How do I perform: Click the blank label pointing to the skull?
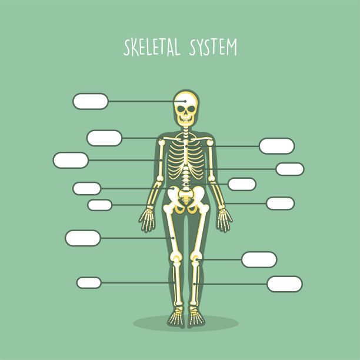coord(91,101)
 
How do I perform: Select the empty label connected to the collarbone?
coord(104,138)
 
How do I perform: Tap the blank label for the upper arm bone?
coord(71,160)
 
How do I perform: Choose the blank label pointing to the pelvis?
coord(87,188)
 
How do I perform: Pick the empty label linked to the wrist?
coord(99,205)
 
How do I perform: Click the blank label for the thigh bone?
coord(83,238)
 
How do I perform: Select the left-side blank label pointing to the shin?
coord(89,282)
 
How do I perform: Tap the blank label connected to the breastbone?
coord(276,146)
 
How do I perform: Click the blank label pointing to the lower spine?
coord(242,184)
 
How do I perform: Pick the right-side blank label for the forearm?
coord(280,204)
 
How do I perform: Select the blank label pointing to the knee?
coord(259,259)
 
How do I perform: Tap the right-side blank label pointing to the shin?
coord(285,284)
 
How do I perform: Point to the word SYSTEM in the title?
coord(212,47)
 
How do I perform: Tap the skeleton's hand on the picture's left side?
coord(147,220)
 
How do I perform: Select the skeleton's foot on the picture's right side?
coord(196,318)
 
